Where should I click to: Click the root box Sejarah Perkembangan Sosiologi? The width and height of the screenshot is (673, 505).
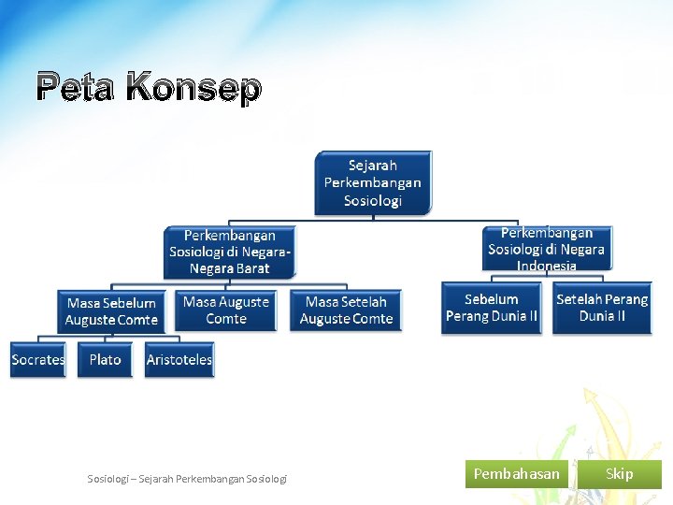pyautogui.click(x=373, y=183)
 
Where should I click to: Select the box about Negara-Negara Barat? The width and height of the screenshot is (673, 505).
pyautogui.click(x=230, y=252)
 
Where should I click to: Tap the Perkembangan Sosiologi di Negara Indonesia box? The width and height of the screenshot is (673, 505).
pyautogui.click(x=546, y=250)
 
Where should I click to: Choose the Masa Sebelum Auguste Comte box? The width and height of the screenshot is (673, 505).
pyautogui.click(x=112, y=311)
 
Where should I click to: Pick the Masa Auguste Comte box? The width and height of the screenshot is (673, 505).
pyautogui.click(x=226, y=310)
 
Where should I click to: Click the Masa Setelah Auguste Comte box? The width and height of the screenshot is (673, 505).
pyautogui.click(x=347, y=310)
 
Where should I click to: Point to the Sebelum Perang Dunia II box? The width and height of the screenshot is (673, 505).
pyautogui.click(x=492, y=308)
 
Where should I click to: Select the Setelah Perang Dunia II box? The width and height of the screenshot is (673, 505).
pyautogui.click(x=602, y=308)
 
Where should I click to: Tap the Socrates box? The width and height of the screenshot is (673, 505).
pyautogui.click(x=38, y=360)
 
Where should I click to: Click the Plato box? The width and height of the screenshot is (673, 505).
pyautogui.click(x=106, y=360)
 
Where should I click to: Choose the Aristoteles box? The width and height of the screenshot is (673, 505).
pyautogui.click(x=179, y=360)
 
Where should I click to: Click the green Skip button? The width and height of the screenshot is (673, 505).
pyautogui.click(x=619, y=474)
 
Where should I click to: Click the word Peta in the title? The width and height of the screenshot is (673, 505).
pyautogui.click(x=76, y=89)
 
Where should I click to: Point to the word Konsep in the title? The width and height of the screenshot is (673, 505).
pyautogui.click(x=193, y=89)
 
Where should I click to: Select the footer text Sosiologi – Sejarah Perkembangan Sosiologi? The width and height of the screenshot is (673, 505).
pyautogui.click(x=188, y=479)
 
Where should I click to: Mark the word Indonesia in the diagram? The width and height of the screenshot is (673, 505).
pyautogui.click(x=547, y=266)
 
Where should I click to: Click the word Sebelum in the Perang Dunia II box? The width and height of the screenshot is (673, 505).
pyautogui.click(x=492, y=299)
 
